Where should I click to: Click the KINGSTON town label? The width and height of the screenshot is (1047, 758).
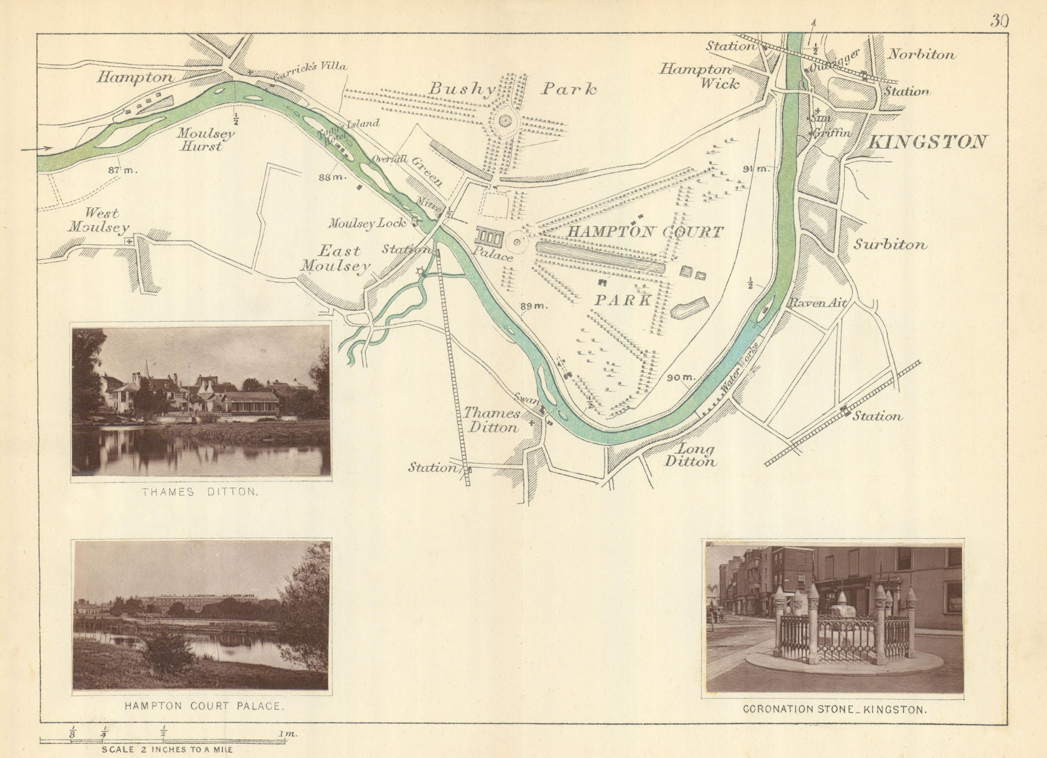(x=927, y=142)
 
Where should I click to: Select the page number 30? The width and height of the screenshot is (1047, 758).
(x=999, y=20)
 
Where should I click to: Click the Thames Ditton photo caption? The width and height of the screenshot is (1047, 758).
(x=200, y=492)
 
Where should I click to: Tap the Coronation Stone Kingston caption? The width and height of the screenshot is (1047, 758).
(x=834, y=709)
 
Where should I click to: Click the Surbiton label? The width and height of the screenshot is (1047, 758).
(x=890, y=245)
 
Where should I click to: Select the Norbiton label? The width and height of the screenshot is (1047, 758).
(x=921, y=55)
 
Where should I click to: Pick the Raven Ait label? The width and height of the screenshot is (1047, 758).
(x=818, y=303)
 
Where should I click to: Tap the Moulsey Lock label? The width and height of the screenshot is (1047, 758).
(x=367, y=223)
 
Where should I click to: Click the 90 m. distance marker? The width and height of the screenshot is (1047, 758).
(x=680, y=377)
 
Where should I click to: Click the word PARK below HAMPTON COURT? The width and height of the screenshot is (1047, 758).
(x=623, y=300)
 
